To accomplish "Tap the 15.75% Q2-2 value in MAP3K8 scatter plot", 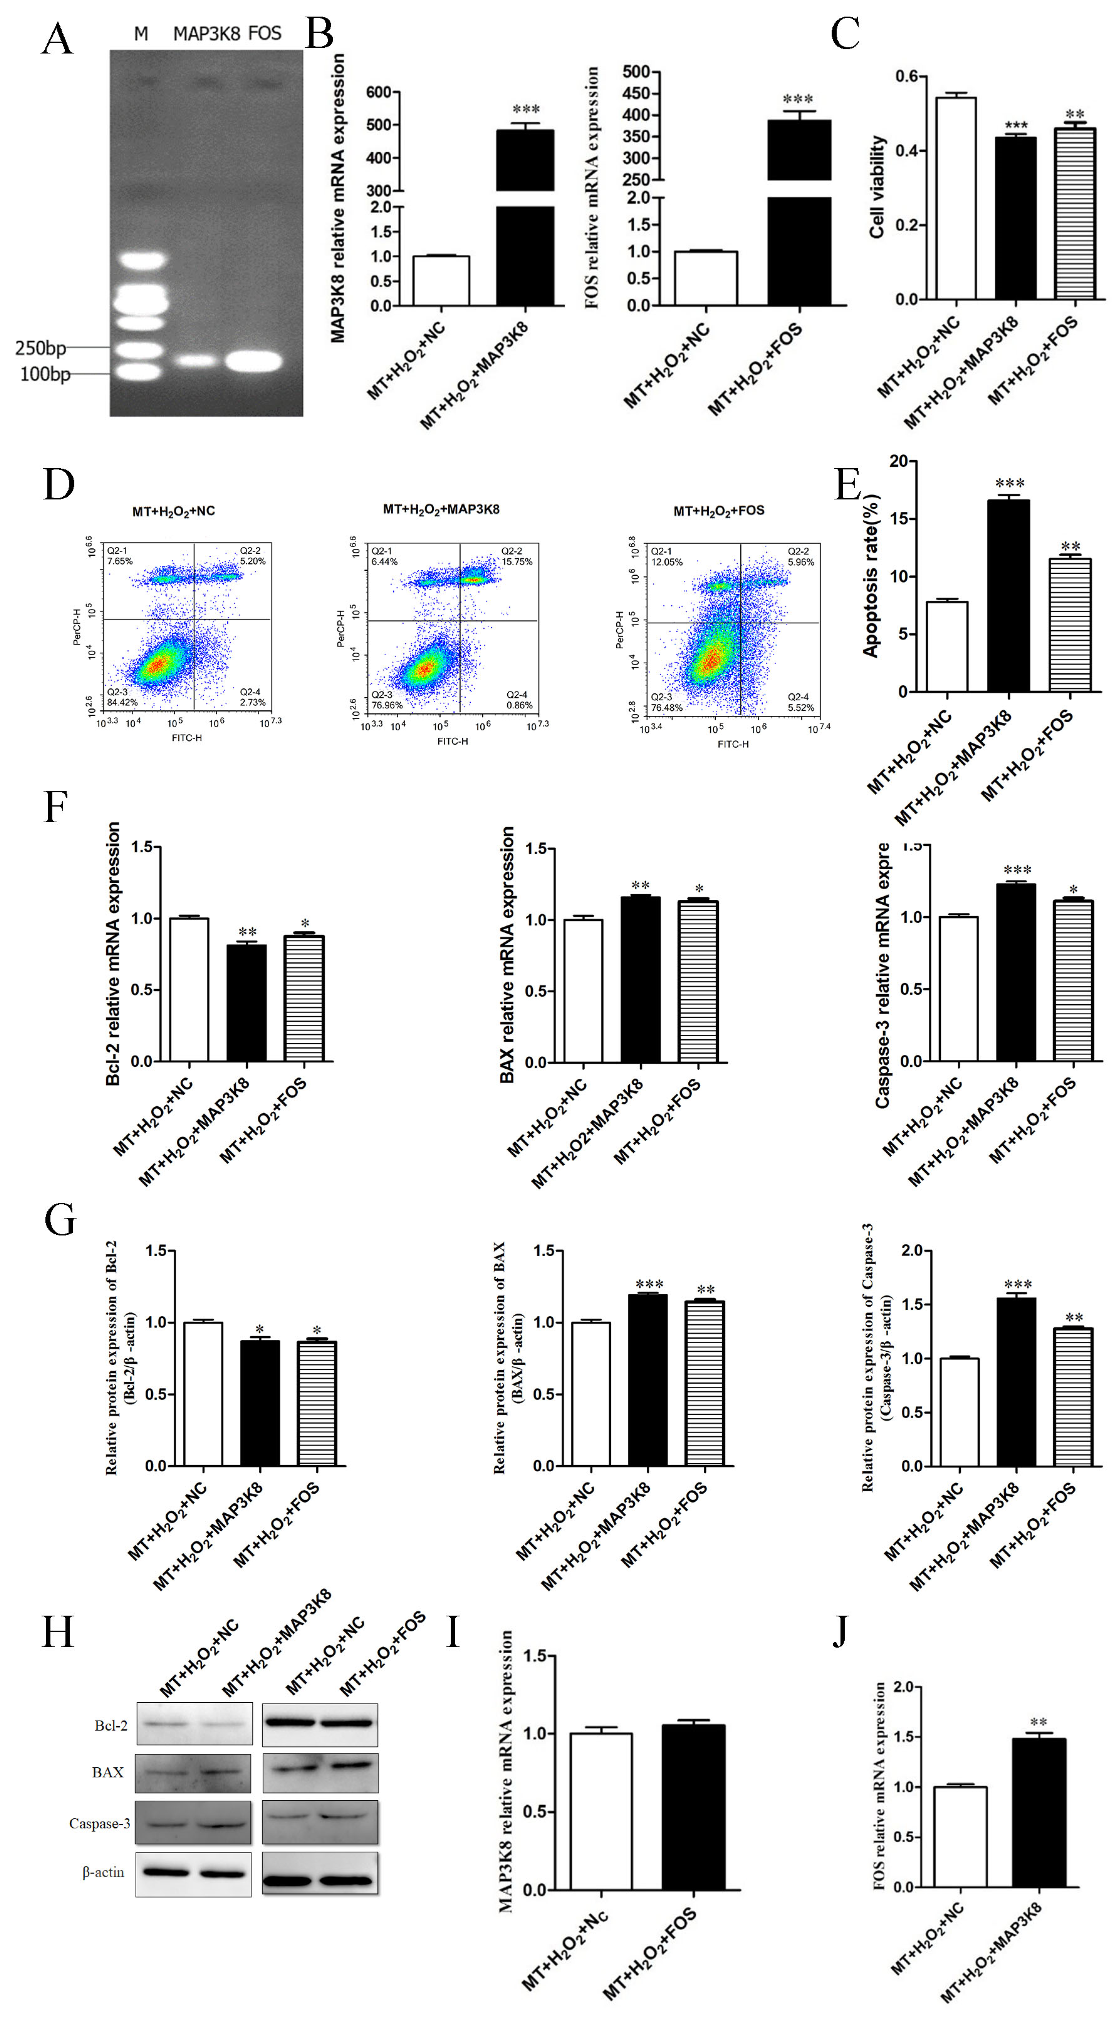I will click(517, 561).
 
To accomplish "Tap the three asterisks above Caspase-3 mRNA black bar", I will click(1017, 870).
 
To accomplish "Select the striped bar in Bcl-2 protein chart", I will click(316, 1403).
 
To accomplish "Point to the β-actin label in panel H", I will click(104, 1872).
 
